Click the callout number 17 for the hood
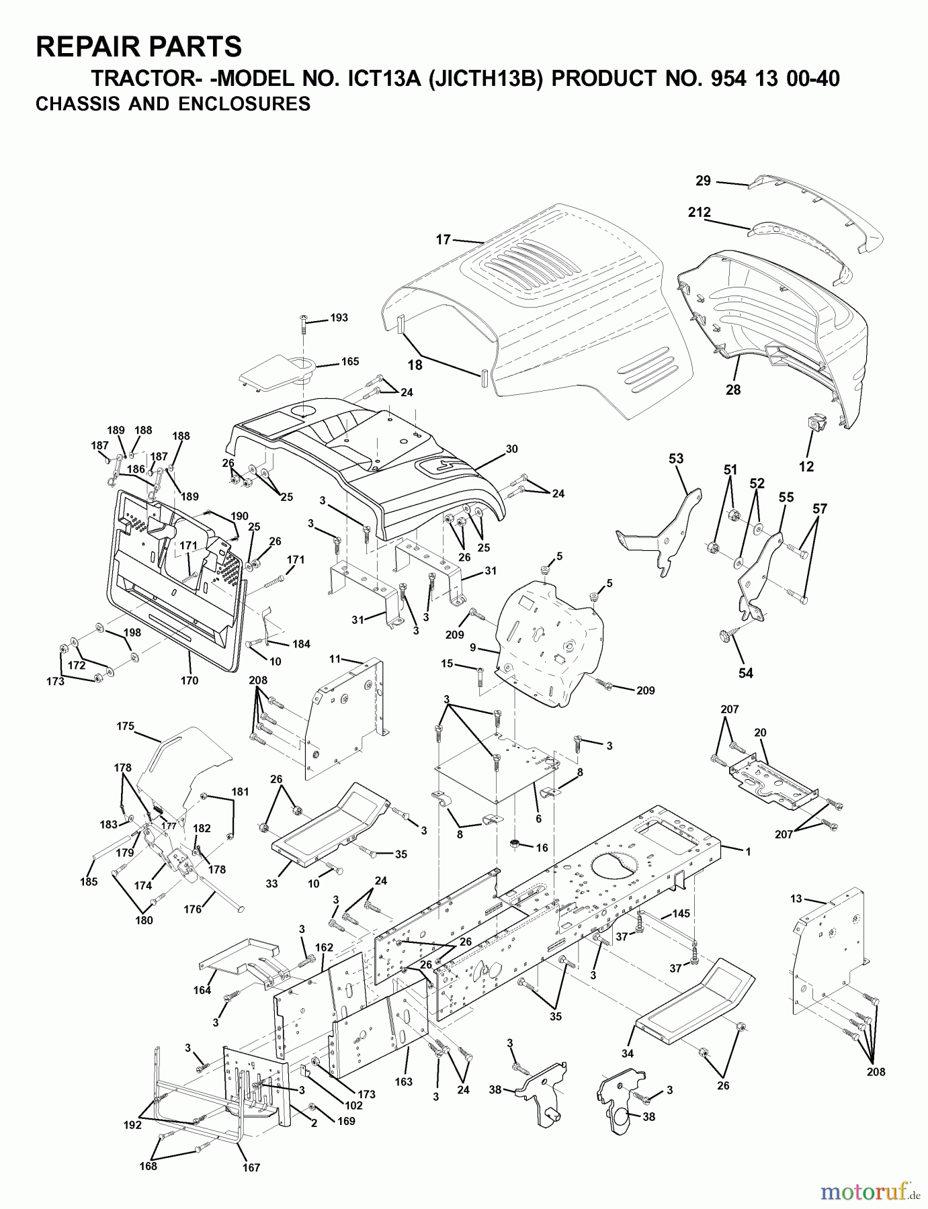(x=443, y=240)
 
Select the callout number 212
(x=699, y=212)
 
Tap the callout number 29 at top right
(x=703, y=181)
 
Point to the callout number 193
(x=339, y=318)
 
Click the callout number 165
(x=349, y=361)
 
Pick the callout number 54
(x=746, y=673)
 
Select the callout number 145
(x=681, y=913)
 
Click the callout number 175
(x=125, y=726)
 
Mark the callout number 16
(x=542, y=848)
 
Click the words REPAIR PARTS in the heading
(x=138, y=47)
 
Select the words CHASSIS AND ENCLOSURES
(x=173, y=104)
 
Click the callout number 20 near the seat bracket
(x=760, y=733)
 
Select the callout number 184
(x=301, y=644)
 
